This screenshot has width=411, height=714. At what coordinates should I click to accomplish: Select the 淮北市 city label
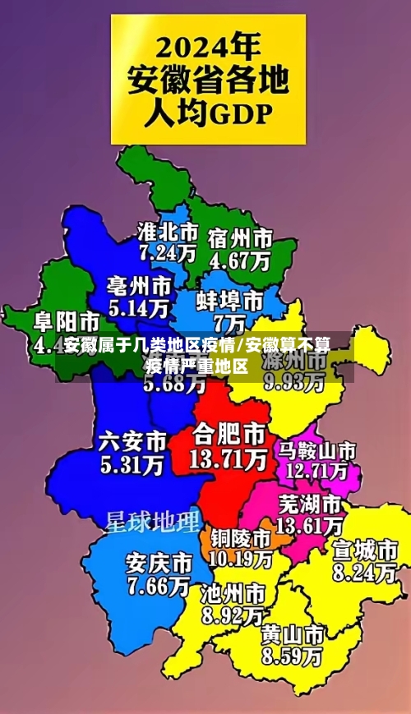pos(168,230)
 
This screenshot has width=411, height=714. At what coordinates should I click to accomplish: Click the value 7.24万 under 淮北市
pos(168,252)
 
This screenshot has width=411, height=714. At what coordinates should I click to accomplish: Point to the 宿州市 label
pos(240,238)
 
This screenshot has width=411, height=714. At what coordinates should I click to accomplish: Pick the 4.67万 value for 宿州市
pos(240,261)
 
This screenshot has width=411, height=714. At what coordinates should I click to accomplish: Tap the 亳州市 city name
pos(139,286)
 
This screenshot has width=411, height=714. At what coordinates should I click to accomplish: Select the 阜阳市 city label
pos(67,320)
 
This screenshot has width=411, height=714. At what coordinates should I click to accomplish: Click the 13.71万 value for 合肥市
pos(229,458)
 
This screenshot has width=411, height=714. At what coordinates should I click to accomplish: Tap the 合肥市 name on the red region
pos(229,433)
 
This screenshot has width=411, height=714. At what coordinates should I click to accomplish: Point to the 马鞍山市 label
pos(316,450)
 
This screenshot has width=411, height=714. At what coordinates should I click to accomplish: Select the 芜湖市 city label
pos(310,502)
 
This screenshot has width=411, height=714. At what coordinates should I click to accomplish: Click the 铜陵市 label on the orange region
pos(241,538)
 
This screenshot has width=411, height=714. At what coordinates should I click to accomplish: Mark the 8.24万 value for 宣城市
pos(364,572)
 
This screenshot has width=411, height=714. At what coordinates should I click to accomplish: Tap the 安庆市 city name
pos(159,564)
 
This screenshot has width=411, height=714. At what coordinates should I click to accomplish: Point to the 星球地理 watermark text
pos(152,521)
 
